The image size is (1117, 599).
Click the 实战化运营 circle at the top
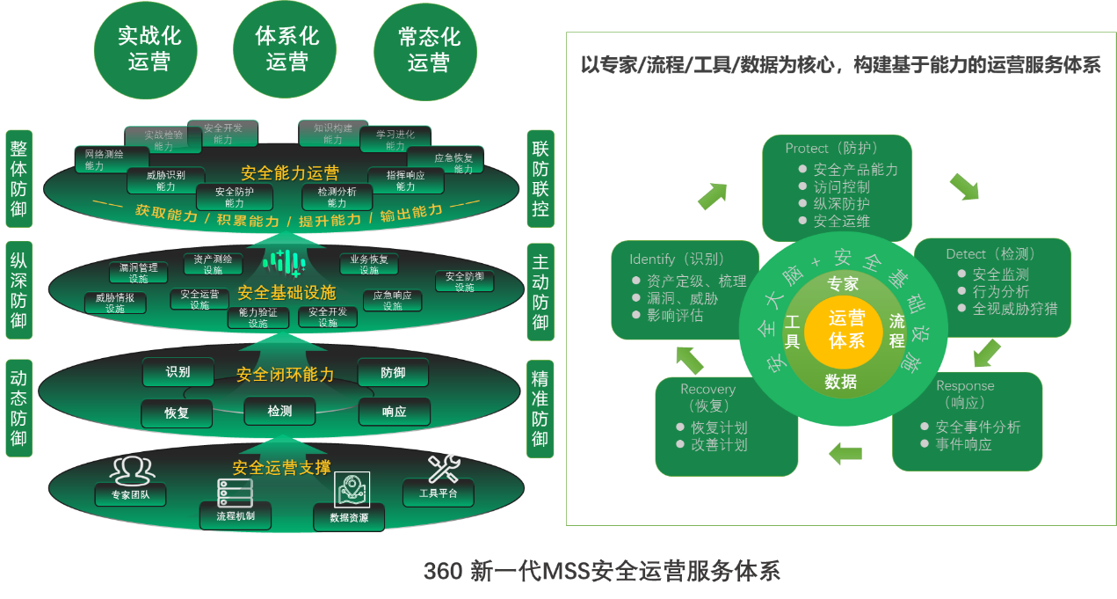[149, 49]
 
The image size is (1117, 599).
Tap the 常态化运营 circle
[429, 49]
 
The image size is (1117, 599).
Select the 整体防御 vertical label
[18, 176]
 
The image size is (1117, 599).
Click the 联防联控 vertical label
[540, 176]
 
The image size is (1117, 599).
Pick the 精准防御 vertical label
[540, 409]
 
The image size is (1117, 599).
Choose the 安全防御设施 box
[464, 281]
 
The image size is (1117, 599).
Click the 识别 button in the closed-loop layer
[178, 372]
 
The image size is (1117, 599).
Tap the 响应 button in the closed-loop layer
[394, 412]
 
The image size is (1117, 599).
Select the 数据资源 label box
[349, 517]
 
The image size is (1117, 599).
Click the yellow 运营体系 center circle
[846, 329]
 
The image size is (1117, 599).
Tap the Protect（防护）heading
[831, 149]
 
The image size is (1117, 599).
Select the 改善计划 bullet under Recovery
[719, 445]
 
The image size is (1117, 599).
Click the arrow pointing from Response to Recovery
[845, 453]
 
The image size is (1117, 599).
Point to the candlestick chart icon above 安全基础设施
[286, 262]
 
